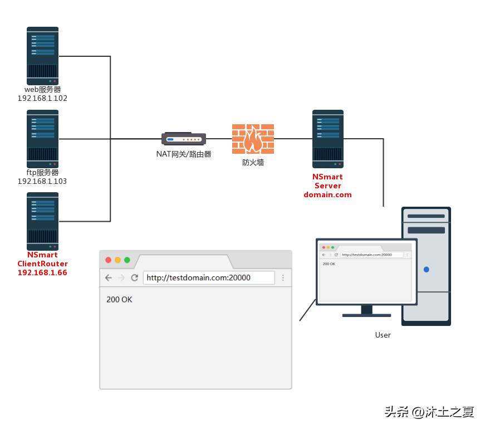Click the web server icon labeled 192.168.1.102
[x=43, y=56]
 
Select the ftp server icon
[x=43, y=139]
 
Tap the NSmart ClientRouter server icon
[x=43, y=221]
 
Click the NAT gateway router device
[x=184, y=139]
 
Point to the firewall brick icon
[x=253, y=139]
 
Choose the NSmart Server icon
[x=328, y=139]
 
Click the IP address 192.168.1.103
[x=42, y=181]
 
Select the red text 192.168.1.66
[x=42, y=272]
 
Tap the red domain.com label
[x=327, y=194]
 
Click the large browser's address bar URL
[x=198, y=277]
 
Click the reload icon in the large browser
[x=135, y=277]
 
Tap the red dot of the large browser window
[x=108, y=260]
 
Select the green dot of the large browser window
[x=127, y=260]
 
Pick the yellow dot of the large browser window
[x=117, y=260]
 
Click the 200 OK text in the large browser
[x=119, y=300]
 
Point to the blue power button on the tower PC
[x=426, y=270]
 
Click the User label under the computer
[x=383, y=335]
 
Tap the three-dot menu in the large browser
[x=283, y=277]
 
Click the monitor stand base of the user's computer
[x=366, y=315]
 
